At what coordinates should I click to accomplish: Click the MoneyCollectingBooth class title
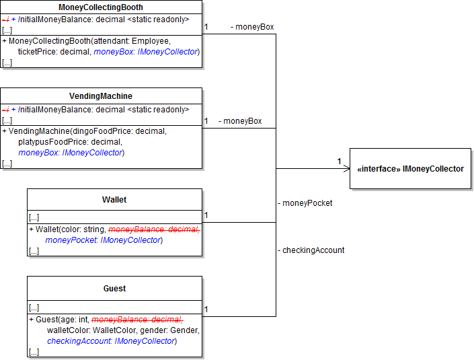(x=101, y=7)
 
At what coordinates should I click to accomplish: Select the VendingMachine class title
(x=101, y=96)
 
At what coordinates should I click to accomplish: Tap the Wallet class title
(x=114, y=200)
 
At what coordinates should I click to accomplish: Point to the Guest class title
(x=114, y=289)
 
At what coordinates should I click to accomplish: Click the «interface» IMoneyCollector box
(x=409, y=168)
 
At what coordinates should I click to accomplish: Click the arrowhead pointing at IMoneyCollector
(x=346, y=168)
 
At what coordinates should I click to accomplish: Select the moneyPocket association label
(x=305, y=203)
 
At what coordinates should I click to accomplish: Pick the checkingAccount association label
(x=311, y=250)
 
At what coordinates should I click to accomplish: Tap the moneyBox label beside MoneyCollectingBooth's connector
(x=252, y=27)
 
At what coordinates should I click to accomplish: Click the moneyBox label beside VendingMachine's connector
(x=240, y=121)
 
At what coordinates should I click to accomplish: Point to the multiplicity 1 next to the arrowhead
(x=340, y=161)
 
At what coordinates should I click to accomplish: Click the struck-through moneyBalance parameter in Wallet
(x=154, y=229)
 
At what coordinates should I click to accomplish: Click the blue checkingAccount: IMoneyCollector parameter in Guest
(x=112, y=341)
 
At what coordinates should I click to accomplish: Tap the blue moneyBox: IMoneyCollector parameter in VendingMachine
(x=71, y=153)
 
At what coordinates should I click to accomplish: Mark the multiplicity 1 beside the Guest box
(x=206, y=310)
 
